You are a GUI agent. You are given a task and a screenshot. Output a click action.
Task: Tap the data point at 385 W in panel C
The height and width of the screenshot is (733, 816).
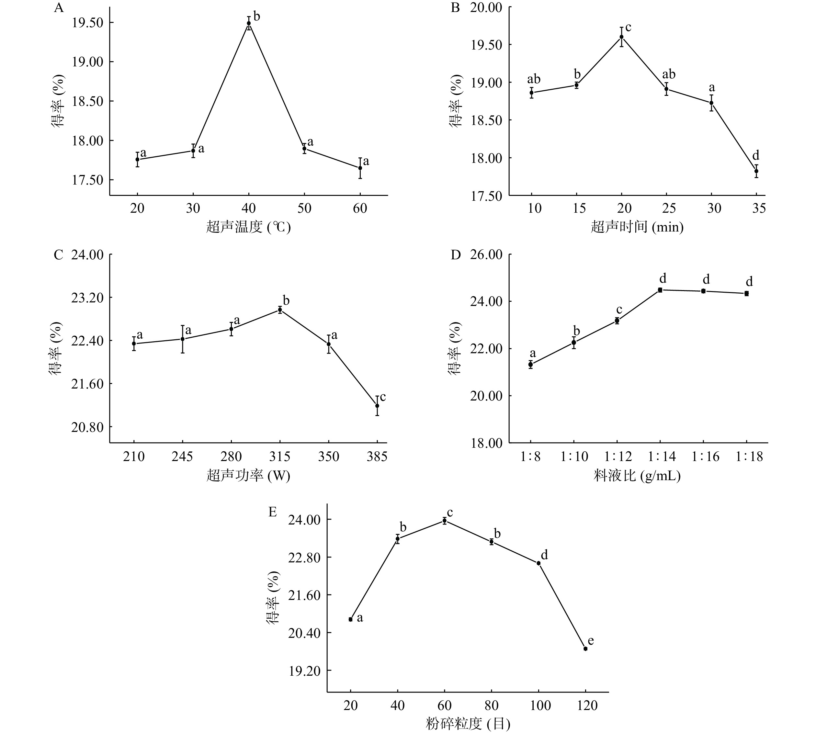[377, 406]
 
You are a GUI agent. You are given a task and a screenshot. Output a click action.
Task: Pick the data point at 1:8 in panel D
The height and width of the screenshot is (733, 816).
[530, 365]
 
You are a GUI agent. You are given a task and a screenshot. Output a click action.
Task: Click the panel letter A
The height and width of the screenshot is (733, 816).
[59, 8]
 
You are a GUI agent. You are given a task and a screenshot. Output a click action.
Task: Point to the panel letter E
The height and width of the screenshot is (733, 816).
[273, 512]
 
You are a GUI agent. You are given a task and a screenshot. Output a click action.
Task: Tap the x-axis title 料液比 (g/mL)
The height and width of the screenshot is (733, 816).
[637, 476]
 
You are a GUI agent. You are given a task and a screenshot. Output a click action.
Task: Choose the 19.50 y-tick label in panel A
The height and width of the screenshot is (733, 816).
[87, 23]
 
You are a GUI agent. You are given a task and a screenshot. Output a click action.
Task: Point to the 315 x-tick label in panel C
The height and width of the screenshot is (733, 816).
[279, 457]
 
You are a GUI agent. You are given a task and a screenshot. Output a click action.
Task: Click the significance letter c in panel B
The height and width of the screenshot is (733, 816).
[628, 28]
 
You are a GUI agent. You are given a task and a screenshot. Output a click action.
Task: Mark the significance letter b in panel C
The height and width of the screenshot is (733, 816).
[286, 300]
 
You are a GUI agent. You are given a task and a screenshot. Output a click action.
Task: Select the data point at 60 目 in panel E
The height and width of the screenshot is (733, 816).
[445, 521]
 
